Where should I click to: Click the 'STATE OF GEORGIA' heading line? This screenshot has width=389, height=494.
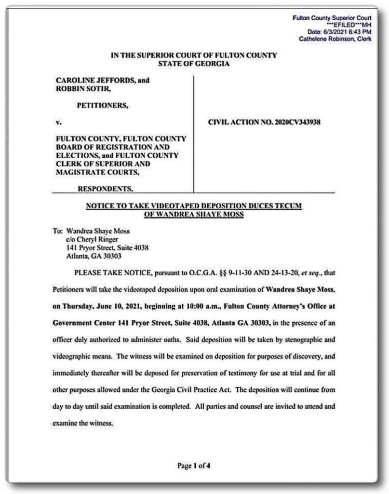click(194, 64)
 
